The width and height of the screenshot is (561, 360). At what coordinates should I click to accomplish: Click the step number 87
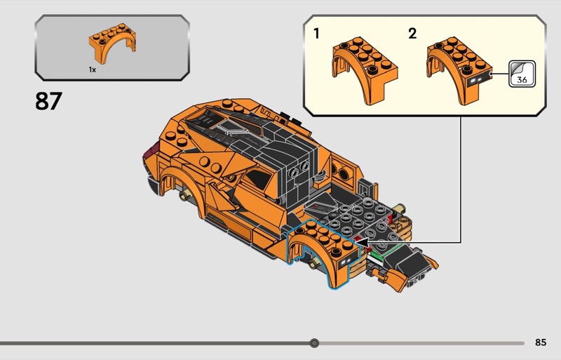click(x=48, y=100)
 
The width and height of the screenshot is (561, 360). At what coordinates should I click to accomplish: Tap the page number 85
click(x=541, y=342)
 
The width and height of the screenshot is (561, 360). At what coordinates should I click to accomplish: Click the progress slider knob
click(x=314, y=343)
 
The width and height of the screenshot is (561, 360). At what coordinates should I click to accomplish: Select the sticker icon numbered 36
click(x=522, y=74)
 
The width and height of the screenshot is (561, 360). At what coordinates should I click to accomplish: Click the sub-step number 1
click(x=316, y=34)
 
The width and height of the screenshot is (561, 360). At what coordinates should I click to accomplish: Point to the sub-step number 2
click(x=412, y=34)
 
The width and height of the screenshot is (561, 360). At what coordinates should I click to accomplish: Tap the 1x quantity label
click(x=93, y=70)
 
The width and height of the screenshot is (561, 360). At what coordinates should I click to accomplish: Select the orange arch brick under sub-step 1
click(x=364, y=71)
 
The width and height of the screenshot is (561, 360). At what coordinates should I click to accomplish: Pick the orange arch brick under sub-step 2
click(x=459, y=71)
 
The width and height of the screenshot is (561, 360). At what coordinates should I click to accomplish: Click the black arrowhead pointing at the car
click(x=362, y=243)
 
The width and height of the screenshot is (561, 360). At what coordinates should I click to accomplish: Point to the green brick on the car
click(x=379, y=255)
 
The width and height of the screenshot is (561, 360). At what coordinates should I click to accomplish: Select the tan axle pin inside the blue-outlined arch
click(x=313, y=264)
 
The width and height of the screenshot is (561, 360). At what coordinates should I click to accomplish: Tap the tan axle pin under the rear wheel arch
click(x=184, y=195)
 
